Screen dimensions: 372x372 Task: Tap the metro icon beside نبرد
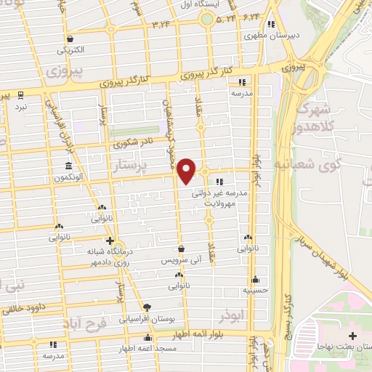(20, 94)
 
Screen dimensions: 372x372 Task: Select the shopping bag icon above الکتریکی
(69, 39)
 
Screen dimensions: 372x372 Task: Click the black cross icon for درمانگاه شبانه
(109, 240)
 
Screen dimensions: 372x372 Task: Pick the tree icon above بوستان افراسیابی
(147, 307)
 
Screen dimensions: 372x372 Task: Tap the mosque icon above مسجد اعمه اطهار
(148, 337)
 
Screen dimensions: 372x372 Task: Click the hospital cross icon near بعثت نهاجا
(352, 336)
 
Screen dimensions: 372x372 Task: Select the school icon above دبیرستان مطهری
(270, 23)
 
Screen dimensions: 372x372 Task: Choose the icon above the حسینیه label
(255, 279)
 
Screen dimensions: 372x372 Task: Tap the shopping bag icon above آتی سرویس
(180, 248)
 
